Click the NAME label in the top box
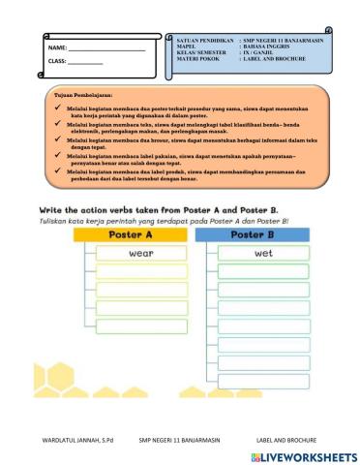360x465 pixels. pos(56,47)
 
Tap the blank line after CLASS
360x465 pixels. pos(86,63)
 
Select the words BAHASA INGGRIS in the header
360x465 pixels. pos(269,46)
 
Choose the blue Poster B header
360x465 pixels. pos(255,234)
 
